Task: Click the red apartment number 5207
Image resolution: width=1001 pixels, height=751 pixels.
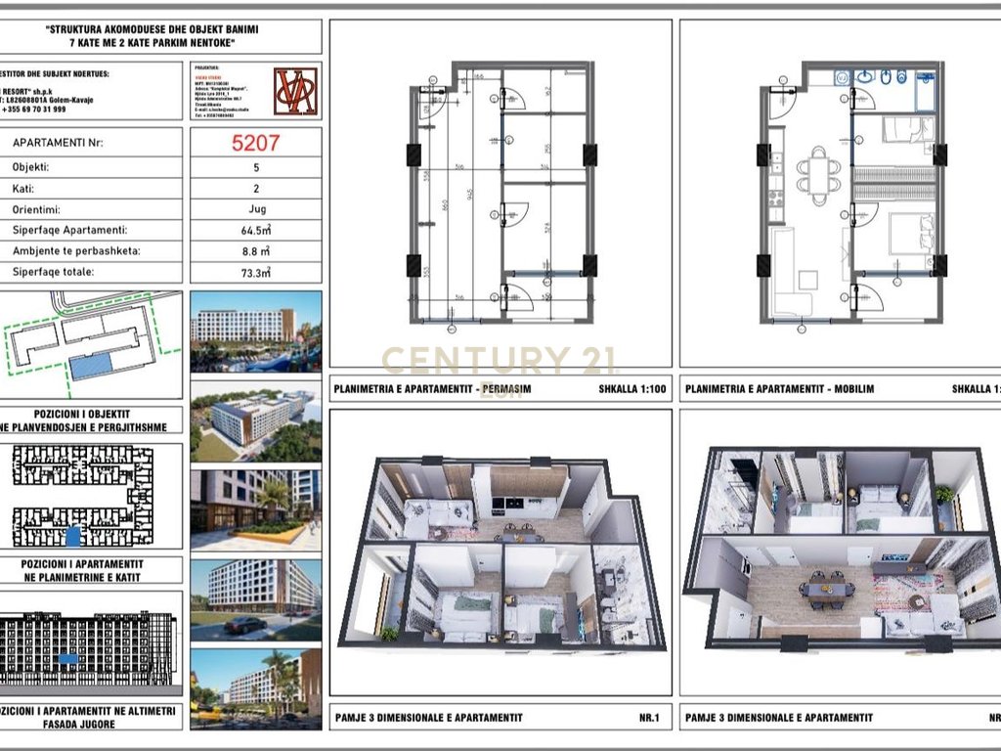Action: (255, 143)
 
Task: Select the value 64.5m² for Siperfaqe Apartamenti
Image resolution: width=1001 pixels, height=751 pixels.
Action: (255, 230)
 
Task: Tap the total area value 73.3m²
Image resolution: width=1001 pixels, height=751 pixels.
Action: (255, 272)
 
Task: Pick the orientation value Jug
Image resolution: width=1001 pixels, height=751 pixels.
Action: (255, 208)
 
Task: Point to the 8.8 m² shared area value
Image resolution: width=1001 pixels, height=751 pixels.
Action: (255, 250)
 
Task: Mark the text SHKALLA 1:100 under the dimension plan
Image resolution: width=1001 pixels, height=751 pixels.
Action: (631, 389)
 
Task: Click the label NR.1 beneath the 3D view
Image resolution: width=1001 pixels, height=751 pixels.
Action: (649, 718)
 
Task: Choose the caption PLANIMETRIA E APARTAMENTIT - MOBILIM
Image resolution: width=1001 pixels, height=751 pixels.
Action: (779, 389)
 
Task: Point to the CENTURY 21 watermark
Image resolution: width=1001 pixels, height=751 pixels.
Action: (499, 361)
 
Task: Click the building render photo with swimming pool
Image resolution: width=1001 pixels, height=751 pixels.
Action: (255, 330)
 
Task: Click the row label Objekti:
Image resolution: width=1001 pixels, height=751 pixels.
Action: (31, 166)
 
